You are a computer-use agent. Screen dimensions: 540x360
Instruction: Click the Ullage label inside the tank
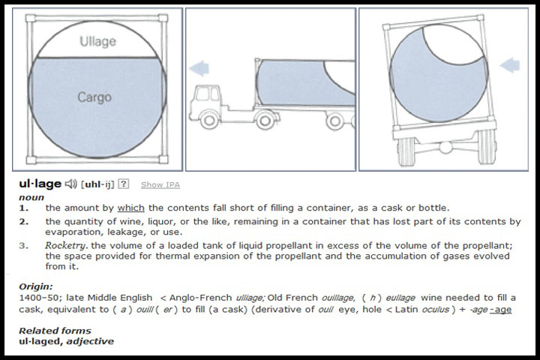97,42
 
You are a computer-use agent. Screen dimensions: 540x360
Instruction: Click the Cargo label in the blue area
94,97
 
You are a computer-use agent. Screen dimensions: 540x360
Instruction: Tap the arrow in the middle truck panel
199,67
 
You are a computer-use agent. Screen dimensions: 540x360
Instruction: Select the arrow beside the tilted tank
510,64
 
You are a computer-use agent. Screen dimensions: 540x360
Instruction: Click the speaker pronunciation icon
71,184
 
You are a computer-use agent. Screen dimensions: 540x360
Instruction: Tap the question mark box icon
123,184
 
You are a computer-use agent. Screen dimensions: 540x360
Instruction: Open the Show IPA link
160,185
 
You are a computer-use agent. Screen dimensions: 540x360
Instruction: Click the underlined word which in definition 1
130,208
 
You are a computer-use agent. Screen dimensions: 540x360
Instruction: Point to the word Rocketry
66,246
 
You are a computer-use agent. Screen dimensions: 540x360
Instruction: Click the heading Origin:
36,286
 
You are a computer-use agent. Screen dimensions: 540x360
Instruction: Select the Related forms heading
55,331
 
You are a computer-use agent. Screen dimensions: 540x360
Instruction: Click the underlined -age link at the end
500,310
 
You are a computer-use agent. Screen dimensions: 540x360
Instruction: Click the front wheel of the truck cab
208,120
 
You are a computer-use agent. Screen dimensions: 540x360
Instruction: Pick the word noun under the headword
31,198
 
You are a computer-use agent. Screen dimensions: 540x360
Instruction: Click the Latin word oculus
435,310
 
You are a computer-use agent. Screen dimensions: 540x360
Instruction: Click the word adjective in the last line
90,342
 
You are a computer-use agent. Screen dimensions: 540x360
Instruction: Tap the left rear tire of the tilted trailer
406,151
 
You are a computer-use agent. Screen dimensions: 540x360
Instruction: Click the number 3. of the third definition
24,246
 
